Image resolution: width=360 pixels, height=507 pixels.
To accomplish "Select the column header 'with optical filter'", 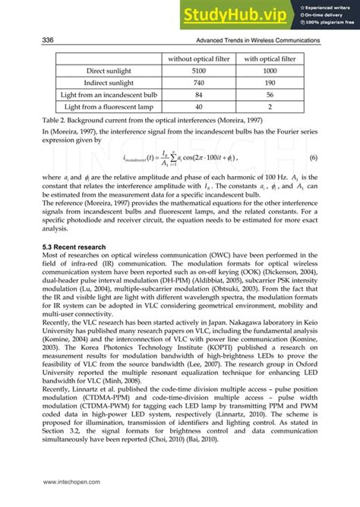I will (270, 57).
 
